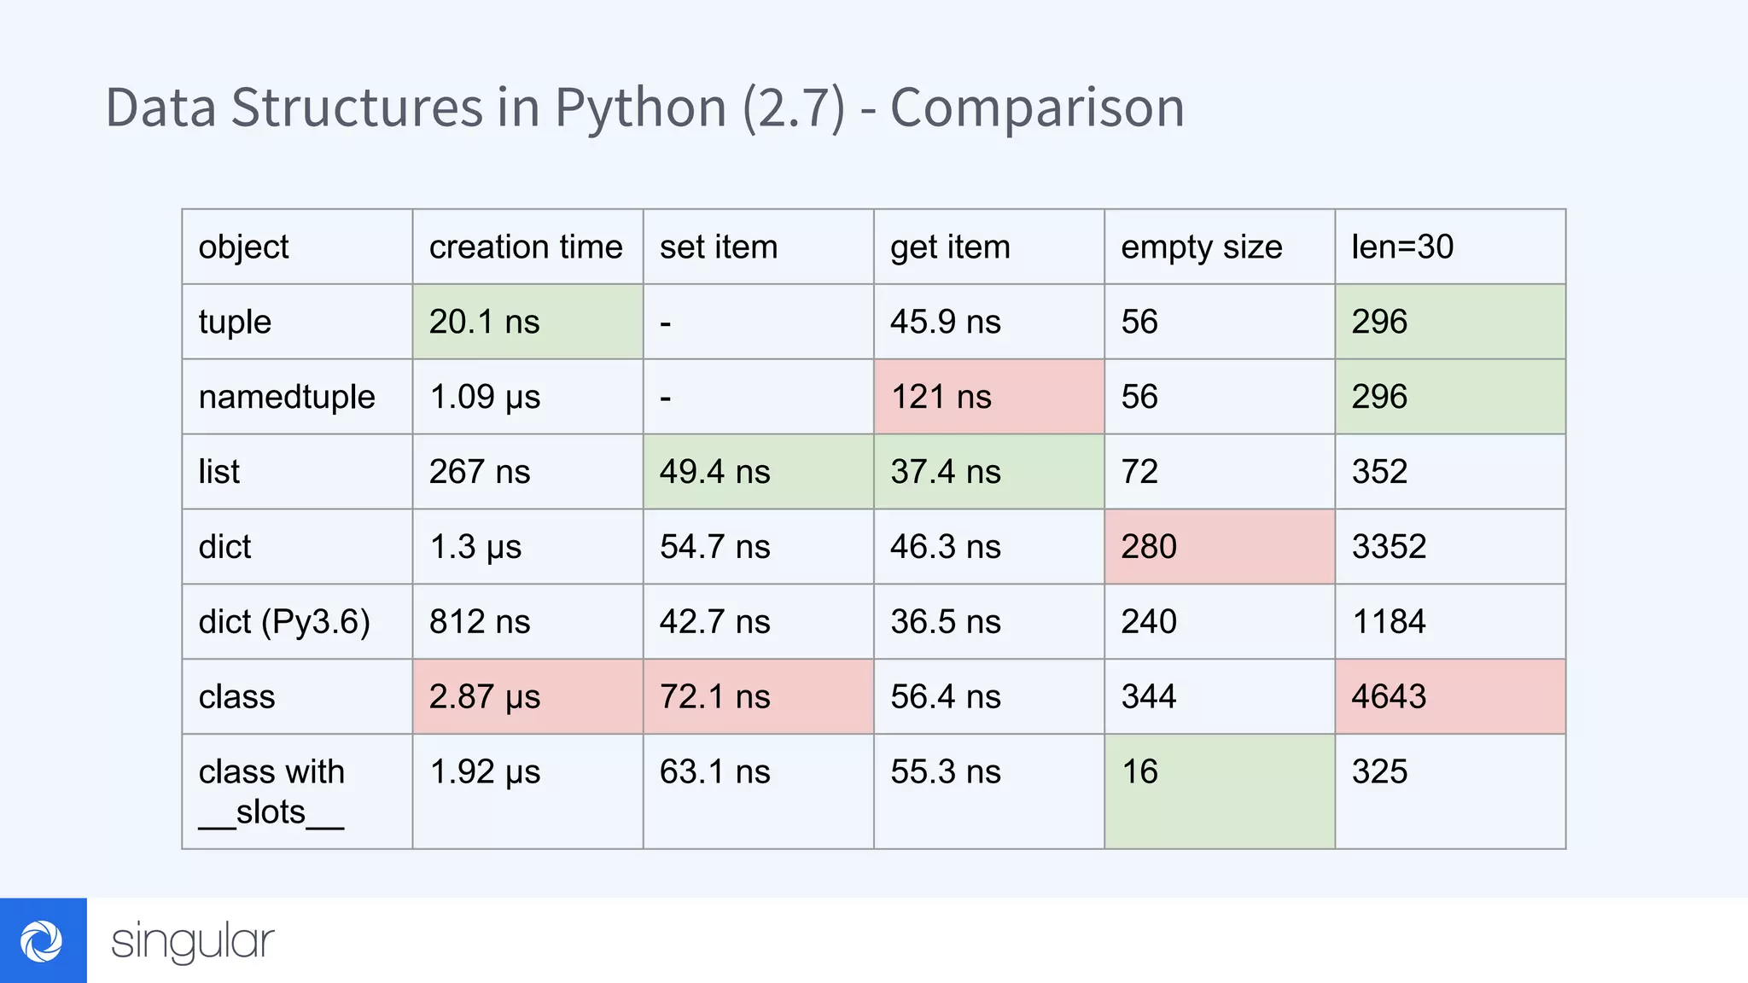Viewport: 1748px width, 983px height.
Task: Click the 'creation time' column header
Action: coord(526,247)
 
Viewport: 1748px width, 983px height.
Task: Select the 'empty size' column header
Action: coord(1201,247)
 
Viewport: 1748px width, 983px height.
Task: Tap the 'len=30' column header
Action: coord(1402,247)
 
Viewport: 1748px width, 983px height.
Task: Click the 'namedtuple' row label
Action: coord(287,397)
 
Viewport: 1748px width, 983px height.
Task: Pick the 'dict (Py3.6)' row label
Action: coord(284,622)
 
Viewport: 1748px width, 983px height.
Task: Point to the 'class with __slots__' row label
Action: coord(271,792)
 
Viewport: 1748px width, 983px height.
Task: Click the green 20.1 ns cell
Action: coord(527,322)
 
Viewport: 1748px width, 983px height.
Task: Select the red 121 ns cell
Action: coord(988,397)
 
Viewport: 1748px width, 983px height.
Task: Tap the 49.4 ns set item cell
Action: coord(758,472)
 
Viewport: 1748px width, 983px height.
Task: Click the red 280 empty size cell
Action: coord(1219,547)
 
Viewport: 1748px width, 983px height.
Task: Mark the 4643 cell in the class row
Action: coord(1449,697)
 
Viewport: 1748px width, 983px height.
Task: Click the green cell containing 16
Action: coord(1219,791)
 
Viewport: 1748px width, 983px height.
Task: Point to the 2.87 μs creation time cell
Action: coord(527,697)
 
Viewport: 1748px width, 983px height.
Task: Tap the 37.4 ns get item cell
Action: coord(988,472)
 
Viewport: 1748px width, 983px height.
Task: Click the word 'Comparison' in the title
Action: coord(1037,108)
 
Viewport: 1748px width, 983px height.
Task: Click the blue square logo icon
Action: coord(43,940)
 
